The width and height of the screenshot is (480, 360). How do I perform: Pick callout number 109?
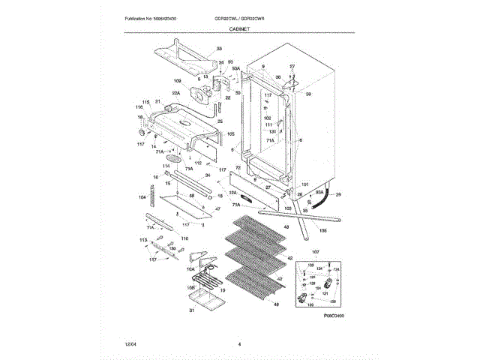tap(177, 81)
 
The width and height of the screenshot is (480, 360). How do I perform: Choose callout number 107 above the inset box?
tap(315, 251)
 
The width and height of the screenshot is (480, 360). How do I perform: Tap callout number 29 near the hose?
tap(337, 194)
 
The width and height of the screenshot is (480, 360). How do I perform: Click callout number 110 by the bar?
tap(184, 238)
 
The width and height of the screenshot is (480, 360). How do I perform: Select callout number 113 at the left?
tap(142, 238)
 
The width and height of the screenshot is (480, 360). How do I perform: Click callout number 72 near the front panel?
tap(237, 168)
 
